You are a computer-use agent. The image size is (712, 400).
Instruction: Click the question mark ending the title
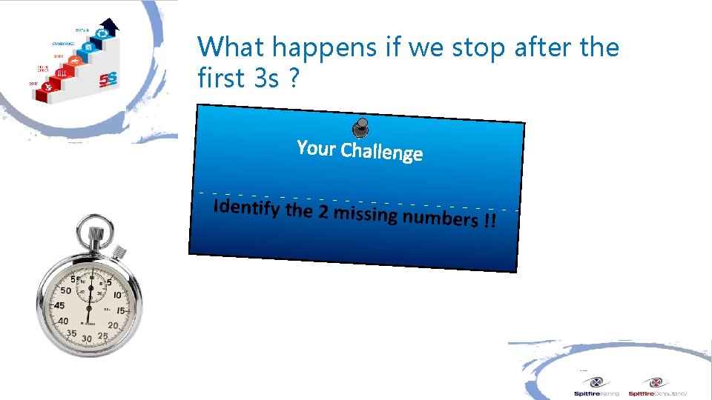[x=294, y=78]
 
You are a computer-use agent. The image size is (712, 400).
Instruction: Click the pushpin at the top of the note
[x=360, y=127]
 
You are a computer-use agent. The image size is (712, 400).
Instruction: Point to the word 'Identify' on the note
[x=245, y=208]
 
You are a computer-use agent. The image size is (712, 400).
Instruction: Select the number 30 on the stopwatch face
[x=88, y=339]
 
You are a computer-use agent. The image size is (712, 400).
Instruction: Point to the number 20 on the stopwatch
[x=113, y=325]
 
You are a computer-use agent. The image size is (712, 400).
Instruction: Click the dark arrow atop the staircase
[x=110, y=27]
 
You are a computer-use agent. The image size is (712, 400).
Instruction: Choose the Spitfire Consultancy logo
[x=656, y=387]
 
